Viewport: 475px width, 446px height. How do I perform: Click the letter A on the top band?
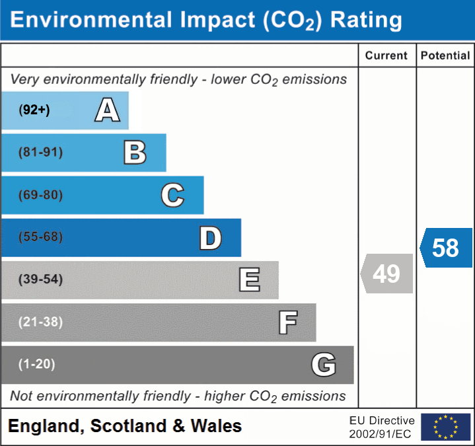point(108,110)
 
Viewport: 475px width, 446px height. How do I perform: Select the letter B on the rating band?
point(135,153)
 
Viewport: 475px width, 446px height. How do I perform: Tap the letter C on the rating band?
point(172,195)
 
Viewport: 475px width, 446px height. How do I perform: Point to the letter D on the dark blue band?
point(210,238)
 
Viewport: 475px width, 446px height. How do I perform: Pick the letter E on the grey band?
point(249,279)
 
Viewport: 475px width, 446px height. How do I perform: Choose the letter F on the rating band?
point(287,322)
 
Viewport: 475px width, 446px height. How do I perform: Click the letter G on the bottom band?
point(324,364)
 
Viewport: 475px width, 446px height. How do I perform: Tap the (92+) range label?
point(35,110)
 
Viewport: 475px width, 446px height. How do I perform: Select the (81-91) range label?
point(41,153)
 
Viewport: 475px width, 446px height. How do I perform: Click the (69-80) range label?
point(41,195)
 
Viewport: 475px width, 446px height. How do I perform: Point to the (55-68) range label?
point(41,237)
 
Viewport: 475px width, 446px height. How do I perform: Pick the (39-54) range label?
point(41,279)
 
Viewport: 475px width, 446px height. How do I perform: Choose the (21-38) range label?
point(41,322)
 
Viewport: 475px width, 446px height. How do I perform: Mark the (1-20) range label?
point(37,364)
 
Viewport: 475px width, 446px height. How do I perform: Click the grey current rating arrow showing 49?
point(386,274)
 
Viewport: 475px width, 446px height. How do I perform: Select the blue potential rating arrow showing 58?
point(446,248)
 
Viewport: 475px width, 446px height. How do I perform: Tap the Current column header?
point(386,56)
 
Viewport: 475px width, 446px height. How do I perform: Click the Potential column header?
point(445,56)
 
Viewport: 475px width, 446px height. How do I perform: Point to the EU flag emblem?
point(445,427)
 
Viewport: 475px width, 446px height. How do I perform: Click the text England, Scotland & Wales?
point(125,426)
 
